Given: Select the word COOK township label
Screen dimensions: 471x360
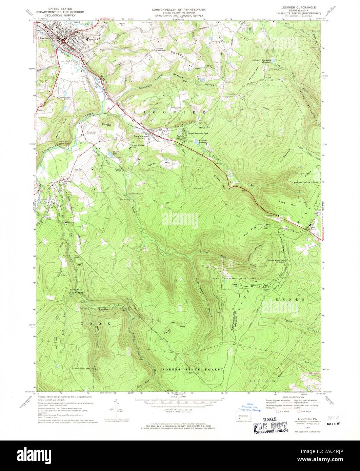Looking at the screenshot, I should pyautogui.click(x=95, y=324).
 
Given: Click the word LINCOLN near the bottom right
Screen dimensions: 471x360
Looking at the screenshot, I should pyautogui.click(x=267, y=381).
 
